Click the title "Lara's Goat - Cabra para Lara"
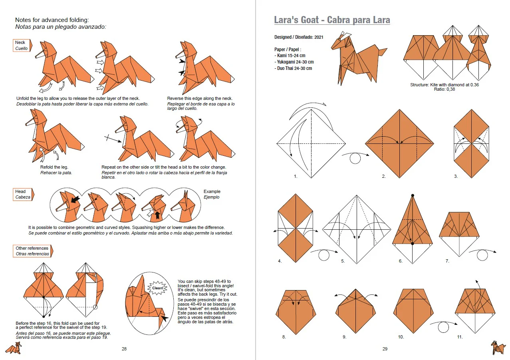coord(332,20)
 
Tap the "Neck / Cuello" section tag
coord(22,46)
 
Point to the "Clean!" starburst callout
coord(155,287)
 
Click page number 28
coord(124,349)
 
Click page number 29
coord(385,349)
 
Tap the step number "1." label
coord(296,176)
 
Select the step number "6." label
coord(401,261)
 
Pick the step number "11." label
coord(460,337)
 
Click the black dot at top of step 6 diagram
coord(413,195)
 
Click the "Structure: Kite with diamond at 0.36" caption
coord(444,85)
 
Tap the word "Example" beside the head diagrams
coord(212,191)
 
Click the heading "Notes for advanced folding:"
coord(52,20)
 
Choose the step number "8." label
coord(284,337)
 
